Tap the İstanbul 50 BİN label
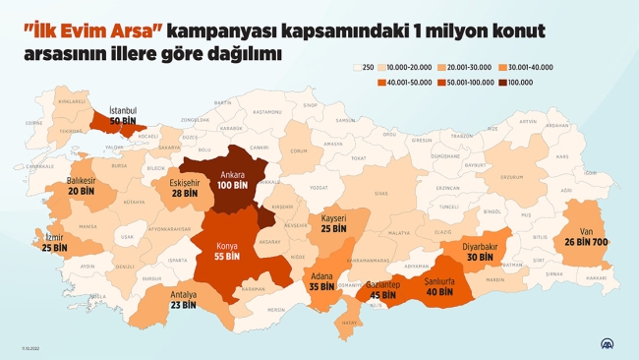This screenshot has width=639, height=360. point(124,116)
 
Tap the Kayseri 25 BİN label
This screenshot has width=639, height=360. point(334,223)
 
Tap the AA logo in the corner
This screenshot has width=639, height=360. point(610,343)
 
